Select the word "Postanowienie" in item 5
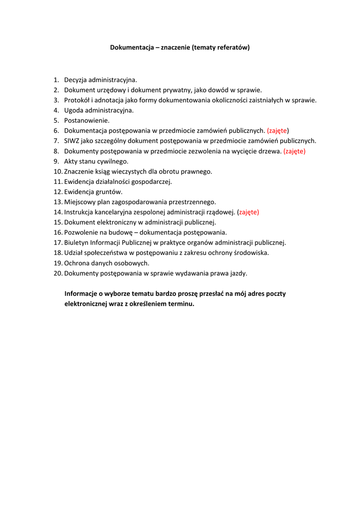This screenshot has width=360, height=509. click(x=87, y=120)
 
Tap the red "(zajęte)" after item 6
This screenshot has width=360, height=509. click(x=278, y=131)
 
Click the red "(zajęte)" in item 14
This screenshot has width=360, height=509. click(x=248, y=212)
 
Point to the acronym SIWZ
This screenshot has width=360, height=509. click(x=72, y=141)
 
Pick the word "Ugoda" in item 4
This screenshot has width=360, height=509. click(x=74, y=110)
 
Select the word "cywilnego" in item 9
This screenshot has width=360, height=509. click(x=113, y=161)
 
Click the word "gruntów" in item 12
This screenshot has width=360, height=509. click(x=109, y=192)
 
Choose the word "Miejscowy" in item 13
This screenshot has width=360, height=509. click(x=79, y=202)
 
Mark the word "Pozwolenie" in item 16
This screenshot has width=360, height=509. click(x=81, y=233)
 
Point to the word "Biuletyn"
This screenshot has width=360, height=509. click(x=76, y=243)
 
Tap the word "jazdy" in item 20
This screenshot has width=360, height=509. click(x=239, y=273)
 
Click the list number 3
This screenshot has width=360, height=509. click(x=56, y=100)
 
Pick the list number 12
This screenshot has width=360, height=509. click(x=58, y=192)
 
